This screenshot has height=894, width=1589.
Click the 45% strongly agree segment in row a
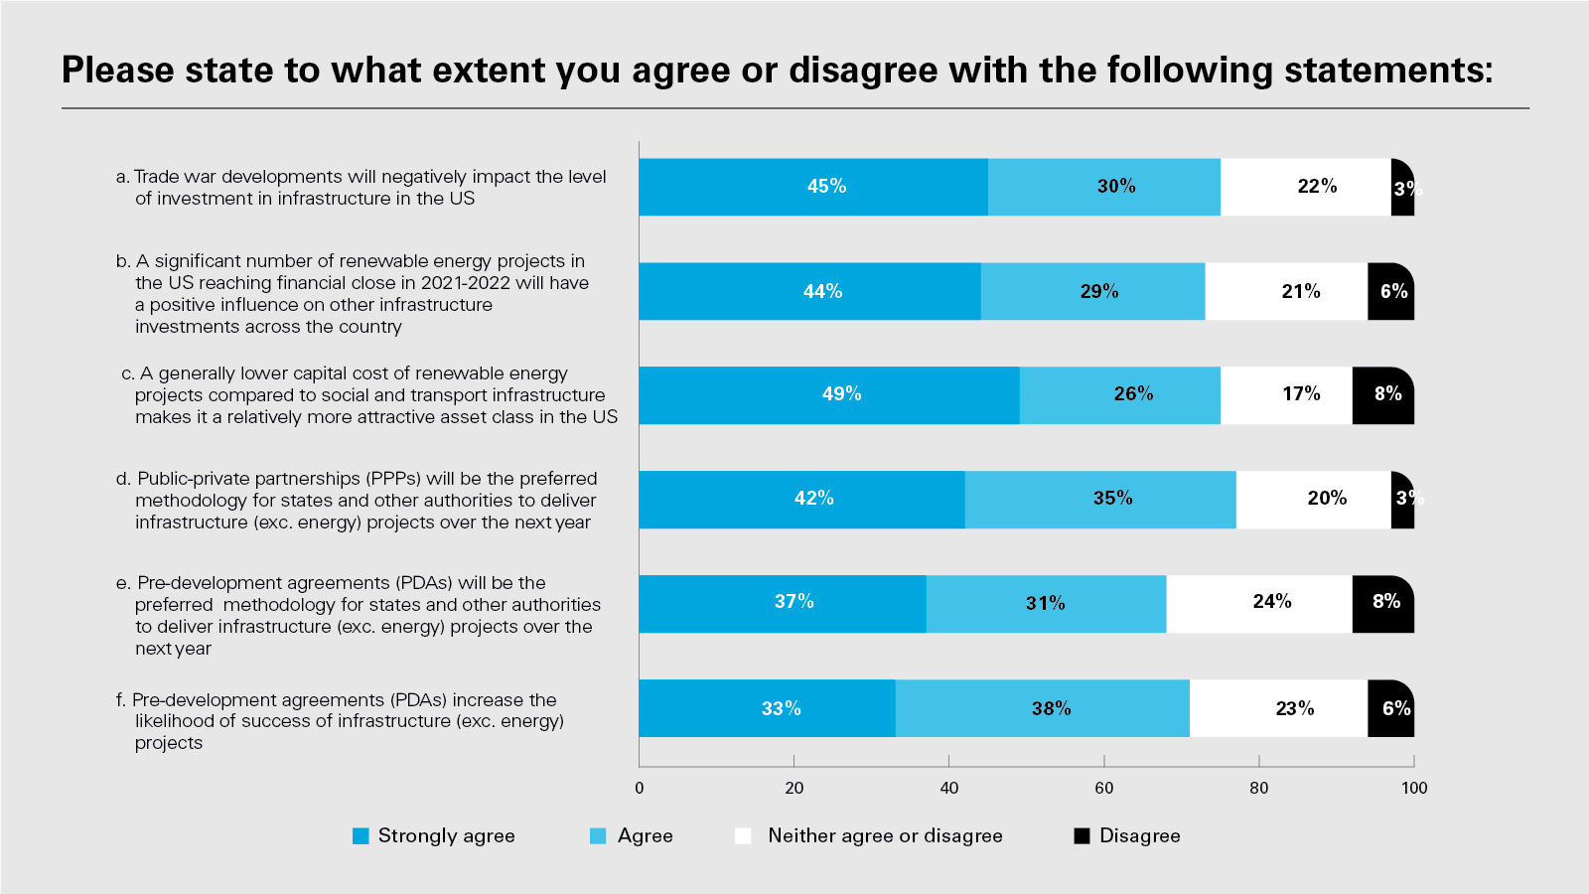pyautogui.click(x=813, y=187)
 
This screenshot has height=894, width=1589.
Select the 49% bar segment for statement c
pyautogui.click(x=829, y=394)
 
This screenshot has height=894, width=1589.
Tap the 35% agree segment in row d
pyautogui.click(x=1100, y=499)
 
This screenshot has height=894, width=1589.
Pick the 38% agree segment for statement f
pyautogui.click(x=1042, y=708)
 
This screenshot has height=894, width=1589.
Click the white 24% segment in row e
pyautogui.click(x=1259, y=603)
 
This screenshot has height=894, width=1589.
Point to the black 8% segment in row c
pyautogui.click(x=1382, y=394)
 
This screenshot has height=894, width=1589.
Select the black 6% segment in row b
pyautogui.click(x=1390, y=291)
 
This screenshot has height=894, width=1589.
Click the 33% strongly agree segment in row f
pyautogui.click(x=767, y=708)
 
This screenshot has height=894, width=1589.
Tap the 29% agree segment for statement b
pyautogui.click(x=1092, y=291)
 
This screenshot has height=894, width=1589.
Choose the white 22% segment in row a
pyautogui.click(x=1305, y=187)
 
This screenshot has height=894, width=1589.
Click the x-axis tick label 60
pyautogui.click(x=1104, y=788)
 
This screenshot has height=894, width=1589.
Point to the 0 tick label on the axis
pyautogui.click(x=639, y=788)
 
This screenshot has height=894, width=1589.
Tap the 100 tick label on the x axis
pyautogui.click(x=1414, y=788)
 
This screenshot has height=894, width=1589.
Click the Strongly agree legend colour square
pyautogui.click(x=361, y=836)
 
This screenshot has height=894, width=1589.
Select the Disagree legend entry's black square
pyautogui.click(x=1083, y=836)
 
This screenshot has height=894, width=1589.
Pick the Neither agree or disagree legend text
pyautogui.click(x=885, y=836)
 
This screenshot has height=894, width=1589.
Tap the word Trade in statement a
pyautogui.click(x=157, y=177)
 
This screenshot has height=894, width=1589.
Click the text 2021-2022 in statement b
pyautogui.click(x=466, y=283)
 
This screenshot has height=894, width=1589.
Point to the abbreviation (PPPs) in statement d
pyautogui.click(x=394, y=479)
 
